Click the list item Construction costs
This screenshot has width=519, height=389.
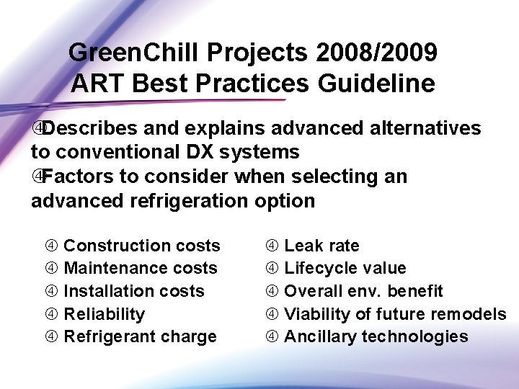(142, 246)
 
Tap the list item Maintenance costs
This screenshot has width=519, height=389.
(141, 269)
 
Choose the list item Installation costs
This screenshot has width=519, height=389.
(134, 291)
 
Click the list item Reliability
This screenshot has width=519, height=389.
(105, 314)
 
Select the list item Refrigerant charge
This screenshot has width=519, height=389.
(141, 336)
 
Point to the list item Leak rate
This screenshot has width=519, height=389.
(321, 246)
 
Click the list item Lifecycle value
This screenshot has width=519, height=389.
(345, 269)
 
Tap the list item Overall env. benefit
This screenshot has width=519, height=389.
(363, 291)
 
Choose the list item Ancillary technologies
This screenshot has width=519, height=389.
(376, 336)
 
